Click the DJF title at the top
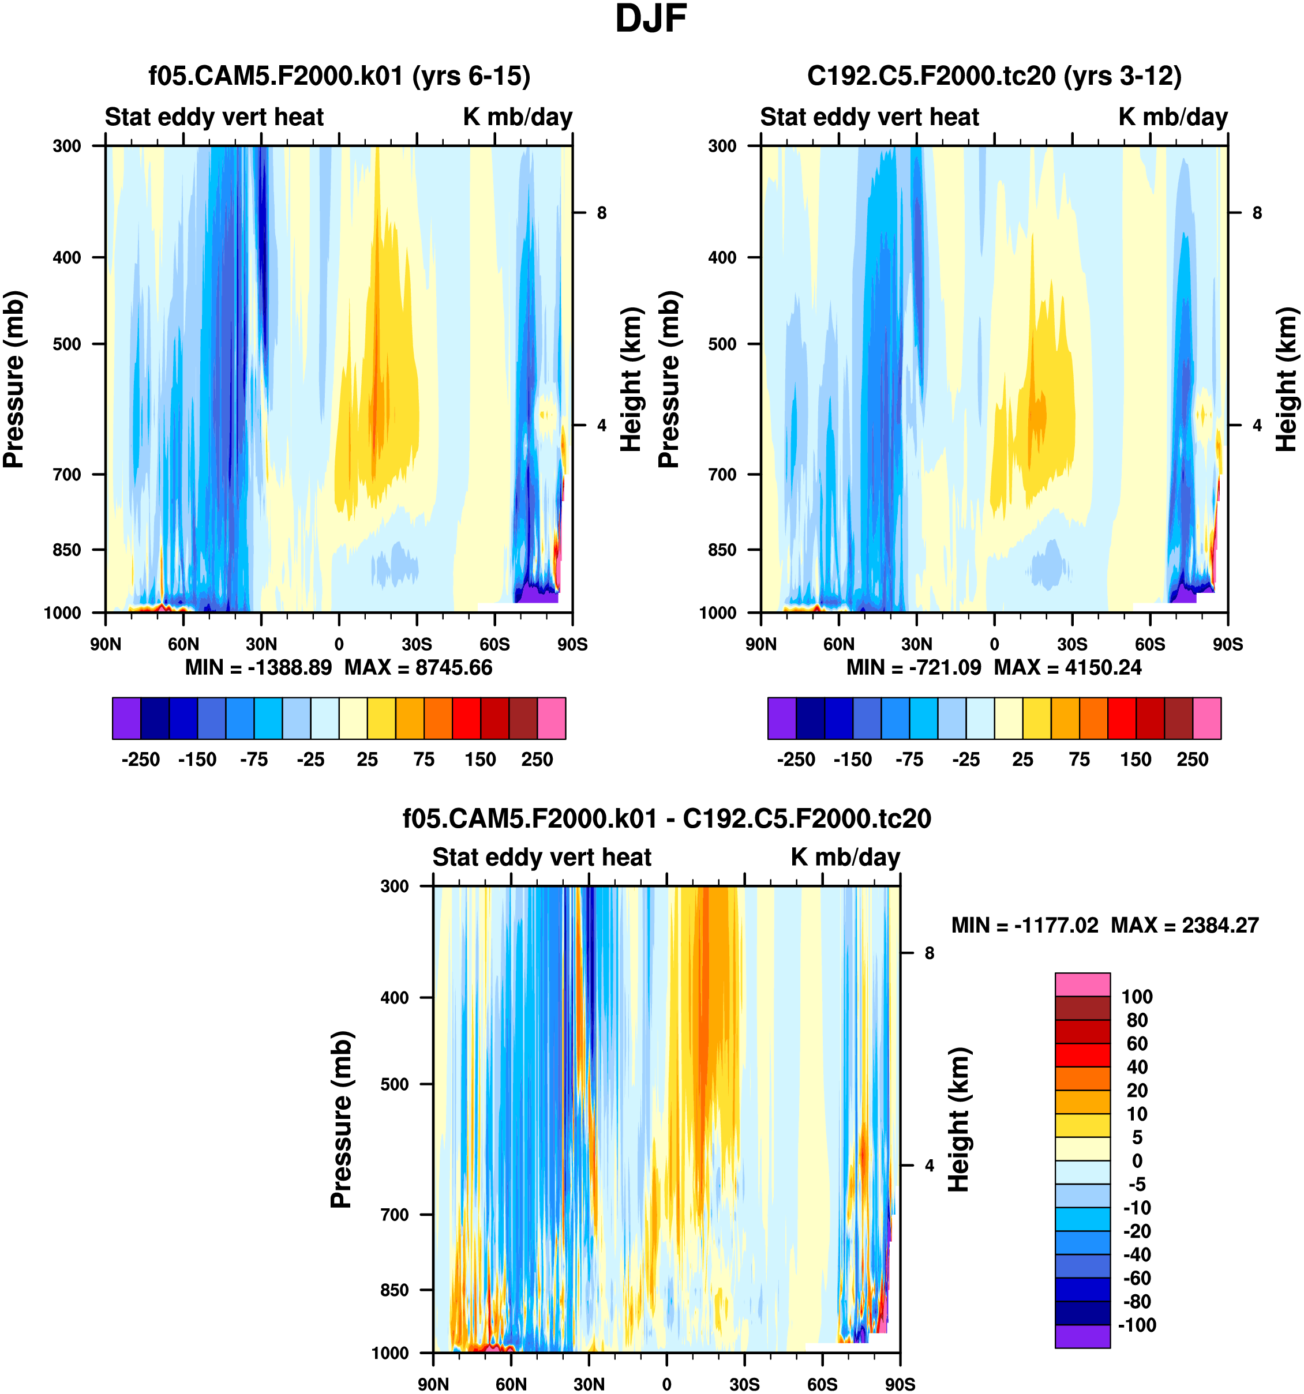click(x=650, y=20)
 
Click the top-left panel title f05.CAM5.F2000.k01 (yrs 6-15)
click(x=339, y=76)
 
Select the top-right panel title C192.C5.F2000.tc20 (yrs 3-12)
click(x=994, y=76)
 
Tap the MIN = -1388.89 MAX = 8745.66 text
click(x=339, y=667)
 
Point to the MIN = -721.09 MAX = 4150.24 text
click(x=994, y=667)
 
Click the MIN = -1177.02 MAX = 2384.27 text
click(x=1105, y=925)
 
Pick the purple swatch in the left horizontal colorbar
click(x=126, y=718)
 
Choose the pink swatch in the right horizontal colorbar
click(x=1206, y=718)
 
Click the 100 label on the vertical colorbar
click(x=1136, y=997)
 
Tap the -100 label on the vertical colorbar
click(x=1136, y=1325)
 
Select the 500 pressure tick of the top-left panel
click(x=68, y=344)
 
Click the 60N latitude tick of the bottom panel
click(x=511, y=1384)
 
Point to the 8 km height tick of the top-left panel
click(x=601, y=212)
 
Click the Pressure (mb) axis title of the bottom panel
click(x=341, y=1119)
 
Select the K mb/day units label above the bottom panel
click(x=845, y=857)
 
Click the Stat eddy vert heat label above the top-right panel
click(x=869, y=117)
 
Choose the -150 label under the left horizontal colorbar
click(x=197, y=760)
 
